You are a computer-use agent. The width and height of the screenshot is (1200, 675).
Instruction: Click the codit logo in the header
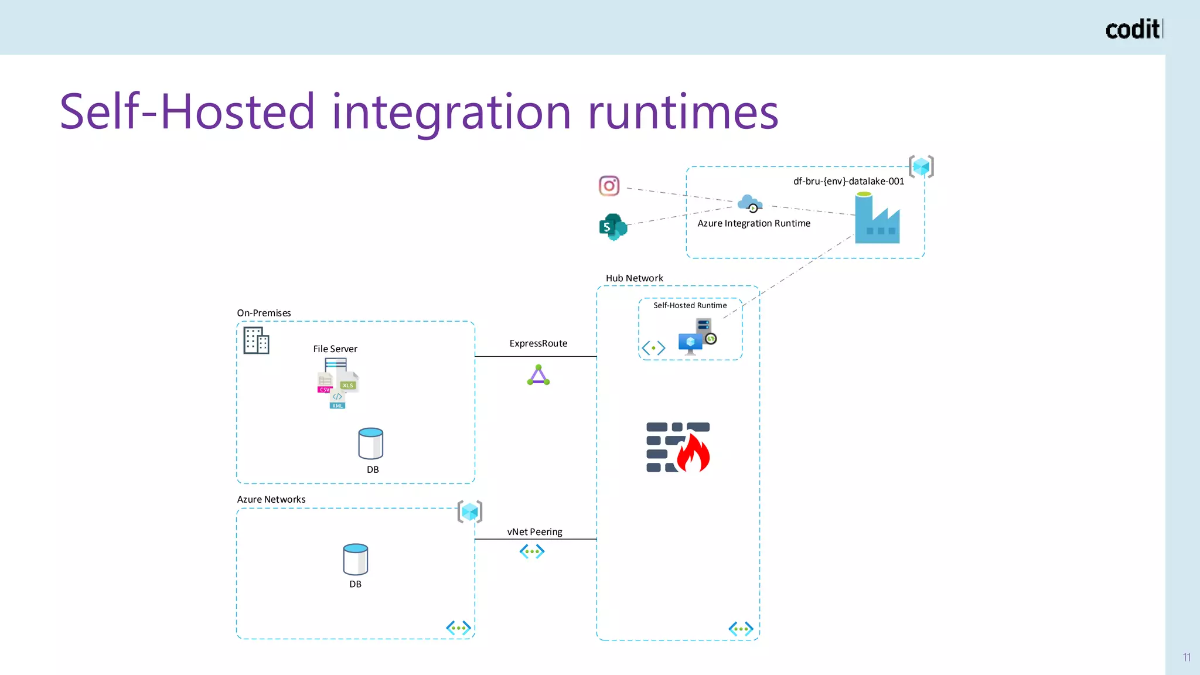(x=1133, y=29)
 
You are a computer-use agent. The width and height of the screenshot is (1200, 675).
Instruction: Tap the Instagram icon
(x=609, y=186)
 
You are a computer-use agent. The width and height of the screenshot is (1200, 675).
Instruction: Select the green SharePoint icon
(x=613, y=227)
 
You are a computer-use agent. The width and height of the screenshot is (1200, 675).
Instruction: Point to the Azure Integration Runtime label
(x=754, y=223)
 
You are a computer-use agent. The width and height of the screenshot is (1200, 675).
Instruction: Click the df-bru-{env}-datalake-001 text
(x=848, y=181)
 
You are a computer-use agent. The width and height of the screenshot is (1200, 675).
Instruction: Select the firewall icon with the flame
(x=678, y=447)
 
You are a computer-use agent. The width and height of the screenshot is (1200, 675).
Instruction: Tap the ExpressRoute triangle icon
(x=538, y=376)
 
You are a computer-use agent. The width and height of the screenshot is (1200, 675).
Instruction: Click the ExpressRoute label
(x=538, y=343)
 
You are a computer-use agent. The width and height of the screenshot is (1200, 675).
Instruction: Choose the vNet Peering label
(x=534, y=532)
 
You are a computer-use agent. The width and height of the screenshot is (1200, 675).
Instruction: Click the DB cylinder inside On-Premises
(x=370, y=444)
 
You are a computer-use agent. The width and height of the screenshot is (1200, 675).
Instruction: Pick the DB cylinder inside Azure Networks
(x=355, y=560)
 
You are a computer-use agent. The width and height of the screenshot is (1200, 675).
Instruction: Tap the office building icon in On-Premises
(x=256, y=340)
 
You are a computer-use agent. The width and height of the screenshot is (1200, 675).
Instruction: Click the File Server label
(x=335, y=349)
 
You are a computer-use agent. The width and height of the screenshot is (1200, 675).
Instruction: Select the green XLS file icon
(x=348, y=382)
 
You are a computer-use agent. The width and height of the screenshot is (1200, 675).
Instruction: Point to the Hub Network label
(x=634, y=278)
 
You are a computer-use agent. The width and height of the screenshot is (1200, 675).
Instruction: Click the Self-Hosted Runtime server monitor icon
(x=696, y=337)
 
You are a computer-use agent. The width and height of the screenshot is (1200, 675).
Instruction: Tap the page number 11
(x=1187, y=657)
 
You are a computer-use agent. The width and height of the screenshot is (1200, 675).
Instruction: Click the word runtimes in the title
(x=683, y=112)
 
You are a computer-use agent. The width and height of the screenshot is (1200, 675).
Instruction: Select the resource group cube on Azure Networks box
(x=469, y=512)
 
